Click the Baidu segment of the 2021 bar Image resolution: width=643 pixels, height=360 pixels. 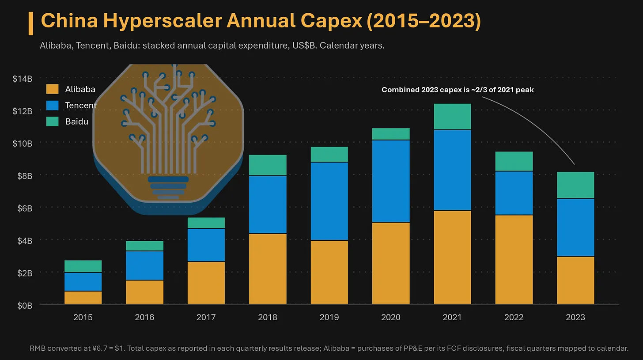pyautogui.click(x=452, y=117)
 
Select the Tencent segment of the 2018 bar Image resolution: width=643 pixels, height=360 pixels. pyautogui.click(x=268, y=205)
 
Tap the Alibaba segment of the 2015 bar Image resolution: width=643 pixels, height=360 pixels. pyautogui.click(x=83, y=298)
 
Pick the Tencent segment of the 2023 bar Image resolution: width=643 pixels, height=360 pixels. pyautogui.click(x=575, y=227)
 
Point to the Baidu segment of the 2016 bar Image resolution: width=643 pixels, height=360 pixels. pyautogui.click(x=145, y=246)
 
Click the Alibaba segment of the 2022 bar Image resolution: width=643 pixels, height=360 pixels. pyautogui.click(x=514, y=260)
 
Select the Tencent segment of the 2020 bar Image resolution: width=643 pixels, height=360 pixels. pyautogui.click(x=391, y=181)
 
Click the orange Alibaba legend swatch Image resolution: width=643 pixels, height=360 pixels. pyautogui.click(x=52, y=89)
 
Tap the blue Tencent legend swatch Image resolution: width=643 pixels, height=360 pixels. pyautogui.click(x=52, y=106)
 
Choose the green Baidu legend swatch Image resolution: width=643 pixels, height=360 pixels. pyautogui.click(x=52, y=121)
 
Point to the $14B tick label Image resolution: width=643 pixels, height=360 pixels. pyautogui.click(x=23, y=79)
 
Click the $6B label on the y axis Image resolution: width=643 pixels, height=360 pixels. pyautogui.click(x=25, y=208)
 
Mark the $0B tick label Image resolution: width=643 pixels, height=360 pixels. pyautogui.click(x=25, y=306)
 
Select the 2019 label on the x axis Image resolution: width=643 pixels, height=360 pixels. pyautogui.click(x=329, y=317)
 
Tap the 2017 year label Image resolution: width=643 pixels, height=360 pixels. pyautogui.click(x=206, y=317)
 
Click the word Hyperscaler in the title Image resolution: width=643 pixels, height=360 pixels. pyautogui.click(x=163, y=21)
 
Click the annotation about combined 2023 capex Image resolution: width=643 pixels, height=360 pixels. pyautogui.click(x=458, y=90)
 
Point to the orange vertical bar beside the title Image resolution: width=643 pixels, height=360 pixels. pyautogui.click(x=31, y=23)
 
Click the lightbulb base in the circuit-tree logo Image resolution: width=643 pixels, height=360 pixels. pyautogui.click(x=168, y=188)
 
